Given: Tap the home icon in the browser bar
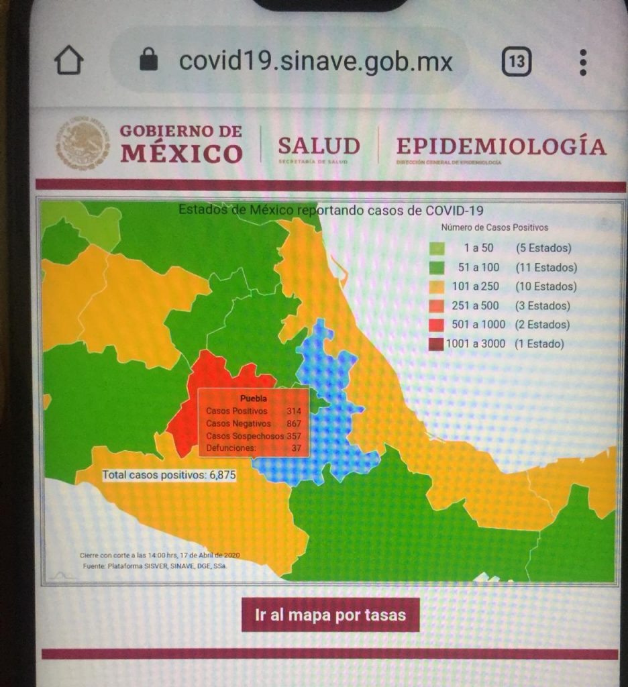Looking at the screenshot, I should [x=68, y=62].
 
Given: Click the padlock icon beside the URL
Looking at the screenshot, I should [x=148, y=62].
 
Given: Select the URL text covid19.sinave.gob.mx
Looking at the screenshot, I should [x=315, y=62].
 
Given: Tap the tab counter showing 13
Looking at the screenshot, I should [x=516, y=62].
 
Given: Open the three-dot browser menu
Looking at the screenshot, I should [x=582, y=62].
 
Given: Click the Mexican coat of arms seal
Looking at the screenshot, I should [x=82, y=144].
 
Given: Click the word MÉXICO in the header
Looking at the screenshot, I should [x=181, y=154].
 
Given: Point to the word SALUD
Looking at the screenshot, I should [x=319, y=146].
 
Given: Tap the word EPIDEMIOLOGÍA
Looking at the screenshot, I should [x=501, y=146].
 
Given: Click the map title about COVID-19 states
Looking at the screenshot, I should [x=330, y=210].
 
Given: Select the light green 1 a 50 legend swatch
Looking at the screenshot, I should [x=437, y=248].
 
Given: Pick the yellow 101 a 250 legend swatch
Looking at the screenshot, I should [x=437, y=286].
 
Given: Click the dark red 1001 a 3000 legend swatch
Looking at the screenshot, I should [x=437, y=344].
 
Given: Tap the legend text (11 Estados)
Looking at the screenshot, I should [x=545, y=267].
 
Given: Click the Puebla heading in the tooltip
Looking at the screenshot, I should [x=253, y=399].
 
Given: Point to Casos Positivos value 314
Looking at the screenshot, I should [x=293, y=411].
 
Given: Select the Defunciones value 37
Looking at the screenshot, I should [x=296, y=448].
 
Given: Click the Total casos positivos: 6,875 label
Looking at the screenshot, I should [x=168, y=475].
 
